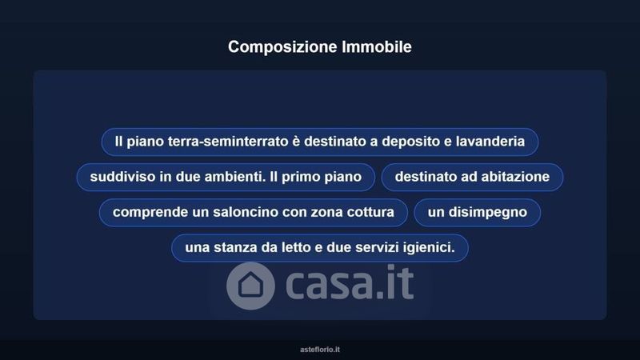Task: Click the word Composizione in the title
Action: pyautogui.click(x=282, y=47)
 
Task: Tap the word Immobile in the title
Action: pyautogui.click(x=377, y=46)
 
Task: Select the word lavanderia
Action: pyautogui.click(x=490, y=142)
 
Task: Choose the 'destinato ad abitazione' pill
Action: pyautogui.click(x=472, y=177)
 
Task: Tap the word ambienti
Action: pyautogui.click(x=235, y=177)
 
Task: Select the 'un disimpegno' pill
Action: pyautogui.click(x=477, y=212)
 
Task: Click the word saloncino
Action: pyautogui.click(x=246, y=212)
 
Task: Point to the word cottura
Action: pyautogui.click(x=370, y=212)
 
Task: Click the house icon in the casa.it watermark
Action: pyautogui.click(x=250, y=286)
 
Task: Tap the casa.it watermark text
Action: pyautogui.click(x=350, y=282)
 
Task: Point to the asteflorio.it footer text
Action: pyautogui.click(x=320, y=350)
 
